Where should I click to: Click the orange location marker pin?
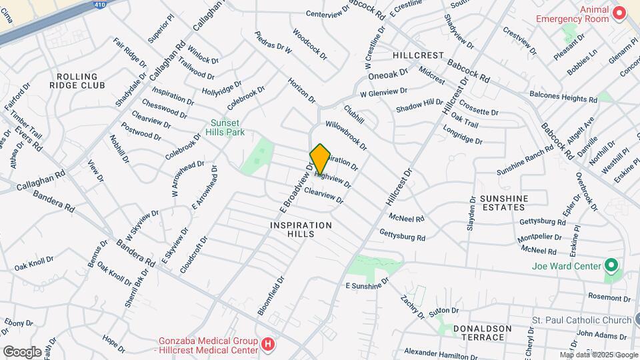(x=320, y=159)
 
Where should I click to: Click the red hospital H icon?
(x=268, y=345)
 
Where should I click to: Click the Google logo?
(x=22, y=351)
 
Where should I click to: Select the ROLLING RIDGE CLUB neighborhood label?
(x=77, y=81)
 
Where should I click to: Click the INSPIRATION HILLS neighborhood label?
(x=301, y=230)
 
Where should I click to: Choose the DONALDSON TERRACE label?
(x=482, y=333)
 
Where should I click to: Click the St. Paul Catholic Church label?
(x=581, y=321)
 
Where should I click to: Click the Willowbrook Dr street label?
(x=346, y=134)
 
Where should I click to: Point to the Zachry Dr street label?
(x=413, y=306)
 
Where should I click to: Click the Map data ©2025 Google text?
(x=598, y=355)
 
